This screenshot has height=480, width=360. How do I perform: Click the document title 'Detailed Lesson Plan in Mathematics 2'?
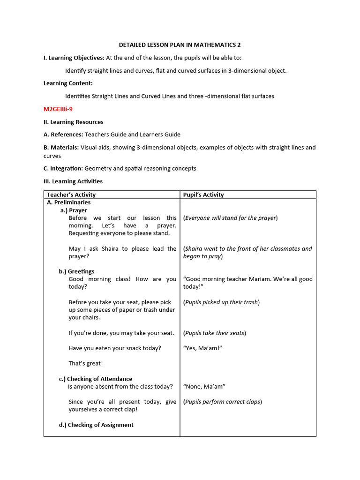coord(180,45)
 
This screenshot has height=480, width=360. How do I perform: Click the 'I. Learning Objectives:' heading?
coord(74,58)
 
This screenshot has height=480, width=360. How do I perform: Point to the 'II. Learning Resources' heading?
coord(73,122)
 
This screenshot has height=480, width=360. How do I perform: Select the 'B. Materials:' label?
coord(61,148)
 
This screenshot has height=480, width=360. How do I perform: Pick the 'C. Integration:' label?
coord(63,168)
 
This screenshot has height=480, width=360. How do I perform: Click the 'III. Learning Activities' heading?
coord(73,181)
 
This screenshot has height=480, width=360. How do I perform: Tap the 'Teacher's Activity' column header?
coord(71,195)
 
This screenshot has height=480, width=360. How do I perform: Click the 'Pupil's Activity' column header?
coord(203,195)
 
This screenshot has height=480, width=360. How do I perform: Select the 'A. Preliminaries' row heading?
coord(68,202)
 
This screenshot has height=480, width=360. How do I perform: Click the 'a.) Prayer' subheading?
coord(74,210)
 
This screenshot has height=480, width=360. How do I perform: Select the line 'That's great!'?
coord(86,363)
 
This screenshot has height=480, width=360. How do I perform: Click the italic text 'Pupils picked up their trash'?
coord(221,302)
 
